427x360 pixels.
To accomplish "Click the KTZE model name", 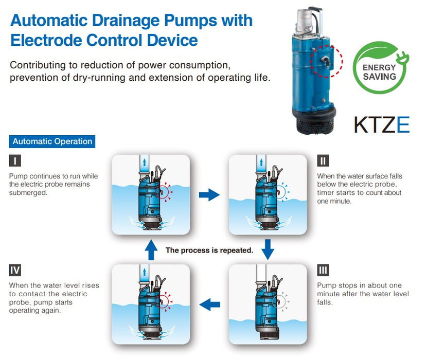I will coord(381,125).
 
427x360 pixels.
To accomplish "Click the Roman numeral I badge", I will coord(15,160).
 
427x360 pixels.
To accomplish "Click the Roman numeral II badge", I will coord(323,160).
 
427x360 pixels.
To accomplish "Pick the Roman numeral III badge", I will coord(323,270).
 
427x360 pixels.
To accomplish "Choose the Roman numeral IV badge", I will coord(15,270).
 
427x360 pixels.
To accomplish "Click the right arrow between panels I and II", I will coord(209,194).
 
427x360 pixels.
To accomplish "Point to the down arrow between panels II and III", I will coord(268,249).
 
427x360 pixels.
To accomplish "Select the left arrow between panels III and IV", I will coord(209,304).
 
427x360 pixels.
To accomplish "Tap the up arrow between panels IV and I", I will coord(151,250).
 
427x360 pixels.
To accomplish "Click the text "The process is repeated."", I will coord(209,250).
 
